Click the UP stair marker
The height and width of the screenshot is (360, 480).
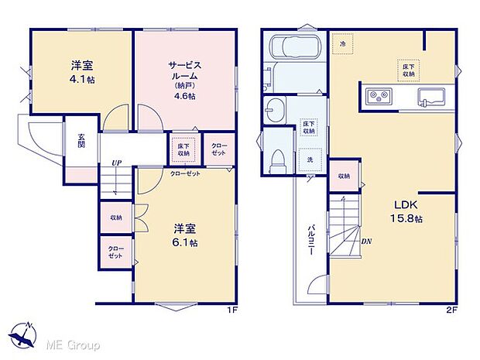pos(116,163)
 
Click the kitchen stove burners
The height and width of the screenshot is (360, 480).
pos(380,96)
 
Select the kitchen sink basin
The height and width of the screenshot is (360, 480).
pos(431,97)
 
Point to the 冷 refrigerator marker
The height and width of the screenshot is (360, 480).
pos(344,45)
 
